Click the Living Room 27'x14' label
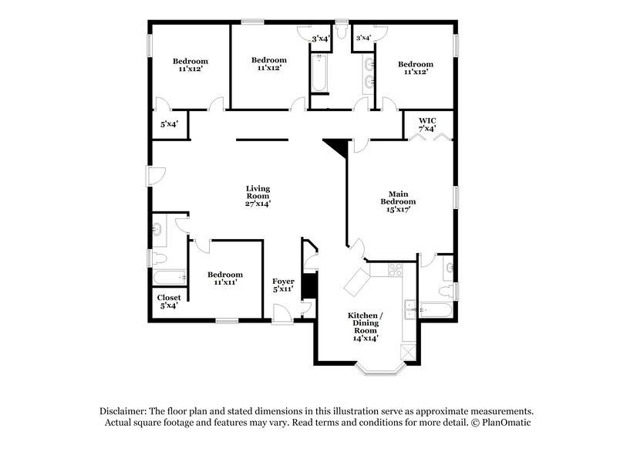tap(258, 197)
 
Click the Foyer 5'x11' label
tap(284, 286)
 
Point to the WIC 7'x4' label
tap(429, 124)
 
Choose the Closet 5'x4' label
tap(168, 301)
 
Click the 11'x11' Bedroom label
tap(224, 279)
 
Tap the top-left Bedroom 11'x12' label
tap(190, 66)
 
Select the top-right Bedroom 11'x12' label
tap(415, 69)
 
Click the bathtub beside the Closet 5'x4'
tap(169, 277)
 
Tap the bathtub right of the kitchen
tap(436, 311)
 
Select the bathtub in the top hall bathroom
tap(319, 75)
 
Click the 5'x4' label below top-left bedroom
tap(167, 123)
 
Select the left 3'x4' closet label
tap(319, 38)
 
